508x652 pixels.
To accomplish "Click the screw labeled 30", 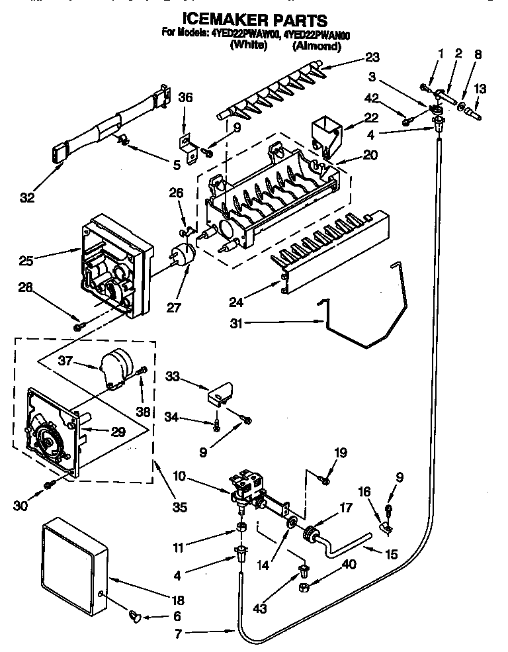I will (x=48, y=486).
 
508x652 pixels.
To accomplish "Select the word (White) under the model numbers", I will (x=248, y=46).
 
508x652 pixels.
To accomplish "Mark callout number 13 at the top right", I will (x=480, y=89).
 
